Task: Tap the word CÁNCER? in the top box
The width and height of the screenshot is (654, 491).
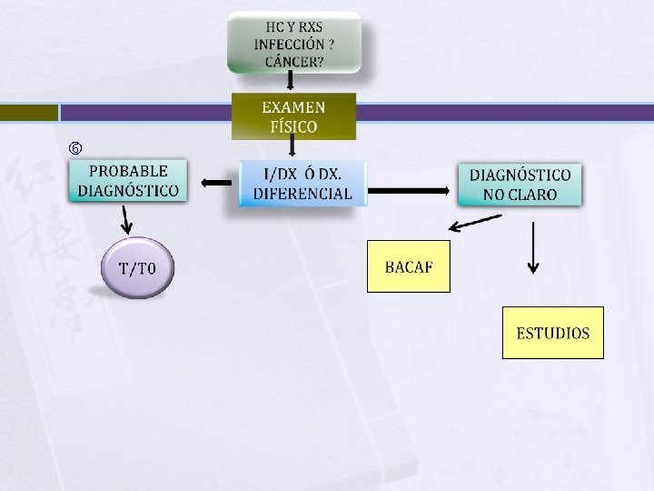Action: (x=294, y=61)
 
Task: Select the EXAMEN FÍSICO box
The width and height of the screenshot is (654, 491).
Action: (x=293, y=116)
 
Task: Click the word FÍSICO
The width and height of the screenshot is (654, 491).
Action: (x=293, y=126)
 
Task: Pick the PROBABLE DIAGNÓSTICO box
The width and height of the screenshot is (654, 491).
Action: (x=128, y=181)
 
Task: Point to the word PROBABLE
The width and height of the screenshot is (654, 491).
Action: (x=128, y=171)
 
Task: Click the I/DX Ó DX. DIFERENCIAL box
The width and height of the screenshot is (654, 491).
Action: (x=302, y=183)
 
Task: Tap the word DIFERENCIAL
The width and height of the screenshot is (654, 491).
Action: (x=302, y=194)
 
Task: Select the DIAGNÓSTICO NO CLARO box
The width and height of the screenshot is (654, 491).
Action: (x=520, y=185)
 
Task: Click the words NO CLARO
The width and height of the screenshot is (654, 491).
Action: (x=520, y=195)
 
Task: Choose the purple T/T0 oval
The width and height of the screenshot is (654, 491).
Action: (x=138, y=268)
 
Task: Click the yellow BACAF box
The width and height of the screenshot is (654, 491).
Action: (x=408, y=266)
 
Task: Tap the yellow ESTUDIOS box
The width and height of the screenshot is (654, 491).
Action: (x=552, y=333)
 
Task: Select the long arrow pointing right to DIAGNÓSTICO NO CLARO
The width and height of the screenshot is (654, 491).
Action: (x=410, y=190)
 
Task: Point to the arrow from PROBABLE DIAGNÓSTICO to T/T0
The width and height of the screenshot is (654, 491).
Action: (x=127, y=218)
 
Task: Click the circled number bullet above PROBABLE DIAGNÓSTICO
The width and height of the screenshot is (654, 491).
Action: (x=75, y=147)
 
